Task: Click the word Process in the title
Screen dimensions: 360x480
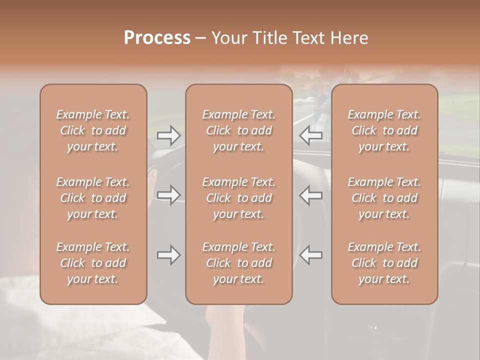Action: pos(157,38)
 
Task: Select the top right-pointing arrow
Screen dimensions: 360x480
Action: pos(169,135)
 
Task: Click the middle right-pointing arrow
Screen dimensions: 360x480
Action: pos(169,195)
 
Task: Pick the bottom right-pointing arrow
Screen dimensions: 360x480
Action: pos(169,255)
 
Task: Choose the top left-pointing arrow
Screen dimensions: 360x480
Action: pos(310,135)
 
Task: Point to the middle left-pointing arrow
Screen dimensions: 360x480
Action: pos(310,195)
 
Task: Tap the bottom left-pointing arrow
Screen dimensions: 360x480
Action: pos(310,255)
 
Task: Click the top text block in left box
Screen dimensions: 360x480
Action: pos(93,130)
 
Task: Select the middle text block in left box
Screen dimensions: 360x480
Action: pos(93,198)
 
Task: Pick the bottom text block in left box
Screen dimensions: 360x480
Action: pos(93,263)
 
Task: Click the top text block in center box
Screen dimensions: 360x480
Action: pos(239,130)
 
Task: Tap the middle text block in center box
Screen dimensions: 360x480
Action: pos(239,198)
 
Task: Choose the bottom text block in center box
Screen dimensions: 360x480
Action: pos(239,263)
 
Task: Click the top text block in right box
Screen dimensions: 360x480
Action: pos(384,130)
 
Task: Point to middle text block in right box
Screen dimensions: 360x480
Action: pos(384,198)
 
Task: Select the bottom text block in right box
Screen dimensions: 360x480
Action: pos(384,263)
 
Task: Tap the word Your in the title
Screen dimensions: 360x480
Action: pos(228,38)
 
